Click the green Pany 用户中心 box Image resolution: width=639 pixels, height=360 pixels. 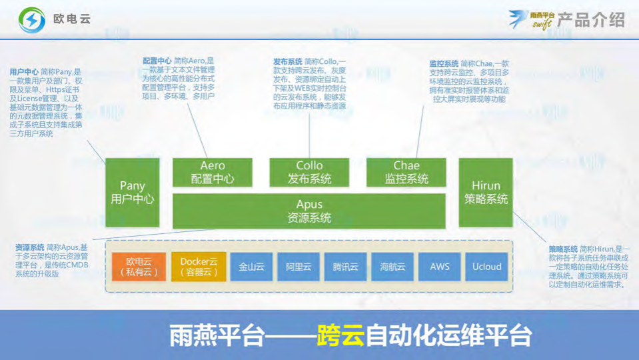click(133, 193)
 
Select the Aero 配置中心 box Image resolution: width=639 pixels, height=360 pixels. click(213, 172)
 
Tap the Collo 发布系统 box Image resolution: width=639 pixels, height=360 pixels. click(309, 172)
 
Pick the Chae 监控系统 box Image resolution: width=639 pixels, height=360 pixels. click(406, 172)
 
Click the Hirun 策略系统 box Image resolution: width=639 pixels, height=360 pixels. click(486, 193)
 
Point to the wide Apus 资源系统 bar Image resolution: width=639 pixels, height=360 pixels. click(309, 211)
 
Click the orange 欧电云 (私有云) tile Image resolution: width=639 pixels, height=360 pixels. click(138, 267)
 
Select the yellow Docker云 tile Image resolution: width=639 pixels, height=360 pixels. click(199, 267)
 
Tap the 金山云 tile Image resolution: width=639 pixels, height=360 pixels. click(251, 267)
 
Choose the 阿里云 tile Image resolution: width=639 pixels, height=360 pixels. click(299, 267)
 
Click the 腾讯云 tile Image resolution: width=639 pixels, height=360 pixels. click(346, 267)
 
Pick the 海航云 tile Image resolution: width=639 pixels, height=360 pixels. click(392, 267)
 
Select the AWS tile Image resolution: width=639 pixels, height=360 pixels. click(440, 267)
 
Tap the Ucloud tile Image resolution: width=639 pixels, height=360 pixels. click(487, 267)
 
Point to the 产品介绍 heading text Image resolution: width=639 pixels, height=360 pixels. click(591, 19)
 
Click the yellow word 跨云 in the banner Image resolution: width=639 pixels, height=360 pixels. click(341, 335)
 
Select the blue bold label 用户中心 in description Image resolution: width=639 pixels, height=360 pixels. click(23, 72)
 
